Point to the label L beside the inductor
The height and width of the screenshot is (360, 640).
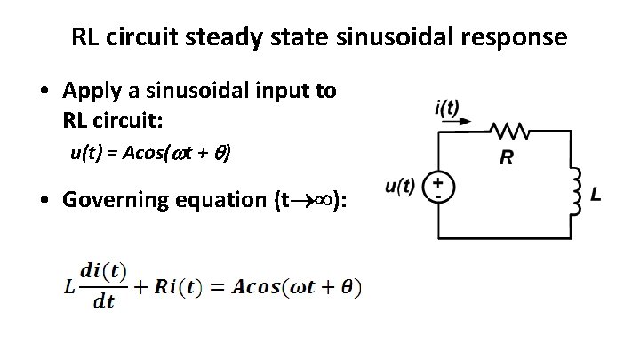(595, 193)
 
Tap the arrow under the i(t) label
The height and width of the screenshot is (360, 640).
(452, 125)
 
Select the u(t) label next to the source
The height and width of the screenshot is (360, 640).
(400, 186)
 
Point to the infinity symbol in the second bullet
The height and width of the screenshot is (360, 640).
(330, 200)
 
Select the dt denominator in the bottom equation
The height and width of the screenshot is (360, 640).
(105, 302)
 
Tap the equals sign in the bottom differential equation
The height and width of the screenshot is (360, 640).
(215, 286)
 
